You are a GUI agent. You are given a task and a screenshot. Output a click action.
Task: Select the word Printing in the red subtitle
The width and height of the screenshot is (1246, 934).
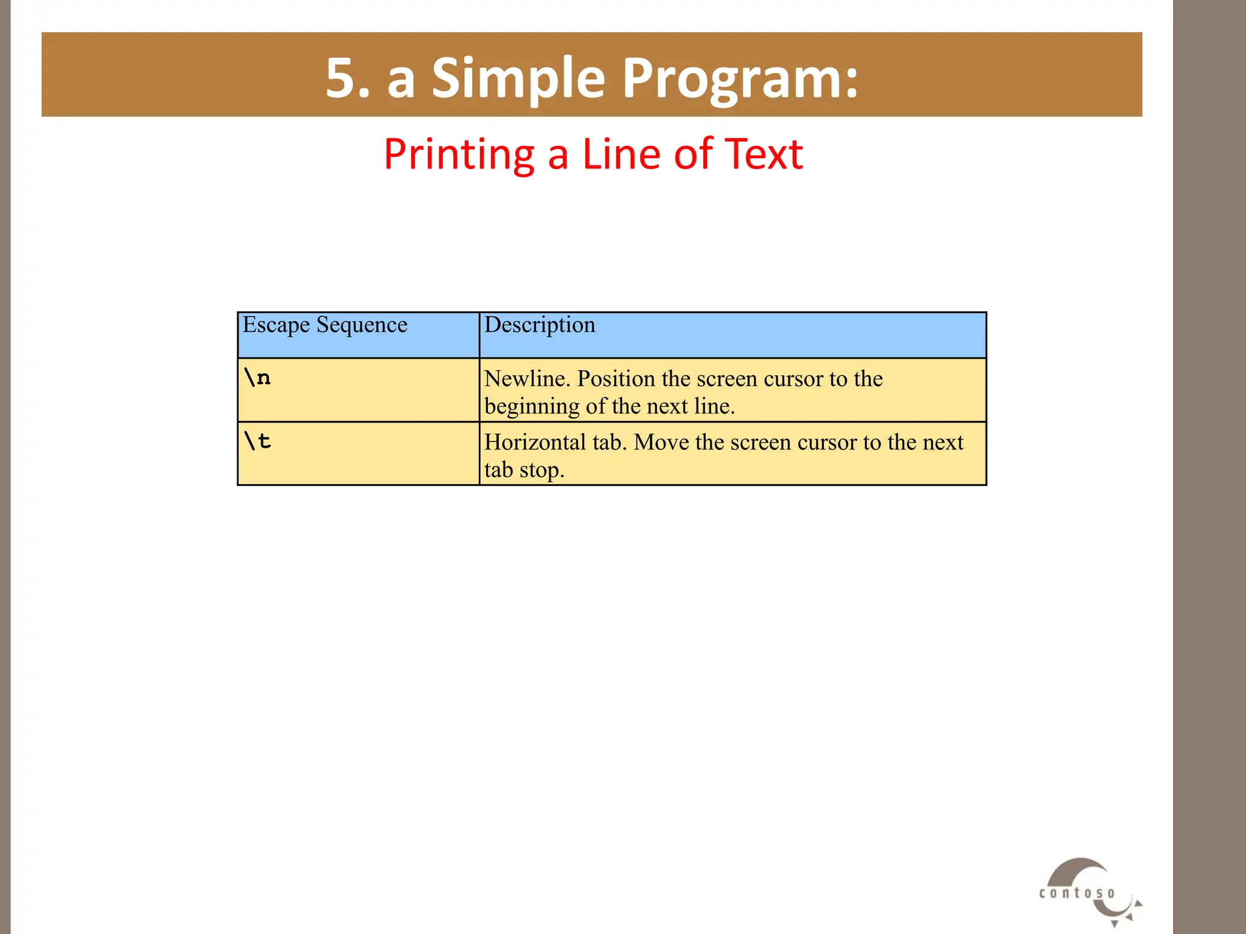click(x=459, y=154)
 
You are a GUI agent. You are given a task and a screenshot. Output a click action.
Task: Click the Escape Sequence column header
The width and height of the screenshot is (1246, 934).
click(x=325, y=325)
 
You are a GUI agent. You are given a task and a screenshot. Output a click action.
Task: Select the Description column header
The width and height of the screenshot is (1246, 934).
click(x=540, y=325)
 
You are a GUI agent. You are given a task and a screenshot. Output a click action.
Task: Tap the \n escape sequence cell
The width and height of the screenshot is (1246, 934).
click(x=257, y=378)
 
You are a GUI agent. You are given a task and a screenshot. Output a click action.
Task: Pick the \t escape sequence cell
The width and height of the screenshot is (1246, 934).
click(x=257, y=441)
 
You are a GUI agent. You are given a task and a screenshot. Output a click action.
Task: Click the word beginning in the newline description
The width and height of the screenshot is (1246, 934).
click(x=532, y=407)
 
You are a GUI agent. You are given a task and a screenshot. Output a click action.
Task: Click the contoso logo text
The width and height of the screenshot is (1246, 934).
click(x=1077, y=893)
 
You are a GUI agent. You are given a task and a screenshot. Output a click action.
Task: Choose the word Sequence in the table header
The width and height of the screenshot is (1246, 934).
click(x=361, y=325)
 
